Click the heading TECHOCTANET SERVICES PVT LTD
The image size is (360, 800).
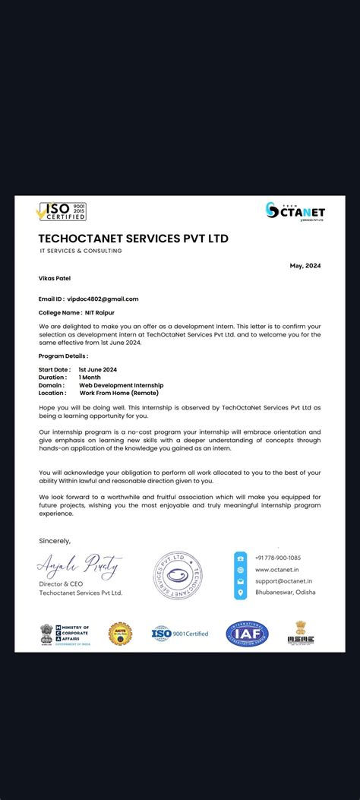coord(133,238)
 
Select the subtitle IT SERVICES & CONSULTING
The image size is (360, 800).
coord(81,251)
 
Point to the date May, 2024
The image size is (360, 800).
coord(305,265)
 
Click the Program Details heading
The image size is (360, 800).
coord(63,356)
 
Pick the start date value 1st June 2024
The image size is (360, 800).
coord(97,369)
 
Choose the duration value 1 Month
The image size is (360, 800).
coord(90,377)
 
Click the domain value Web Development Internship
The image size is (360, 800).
coord(121,385)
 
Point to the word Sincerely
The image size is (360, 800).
coord(54,541)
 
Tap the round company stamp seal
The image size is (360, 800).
coord(178,575)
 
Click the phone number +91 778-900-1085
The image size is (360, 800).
coord(277,558)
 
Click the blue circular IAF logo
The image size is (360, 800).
coord(247,633)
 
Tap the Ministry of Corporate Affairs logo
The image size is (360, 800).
coord(65,634)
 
